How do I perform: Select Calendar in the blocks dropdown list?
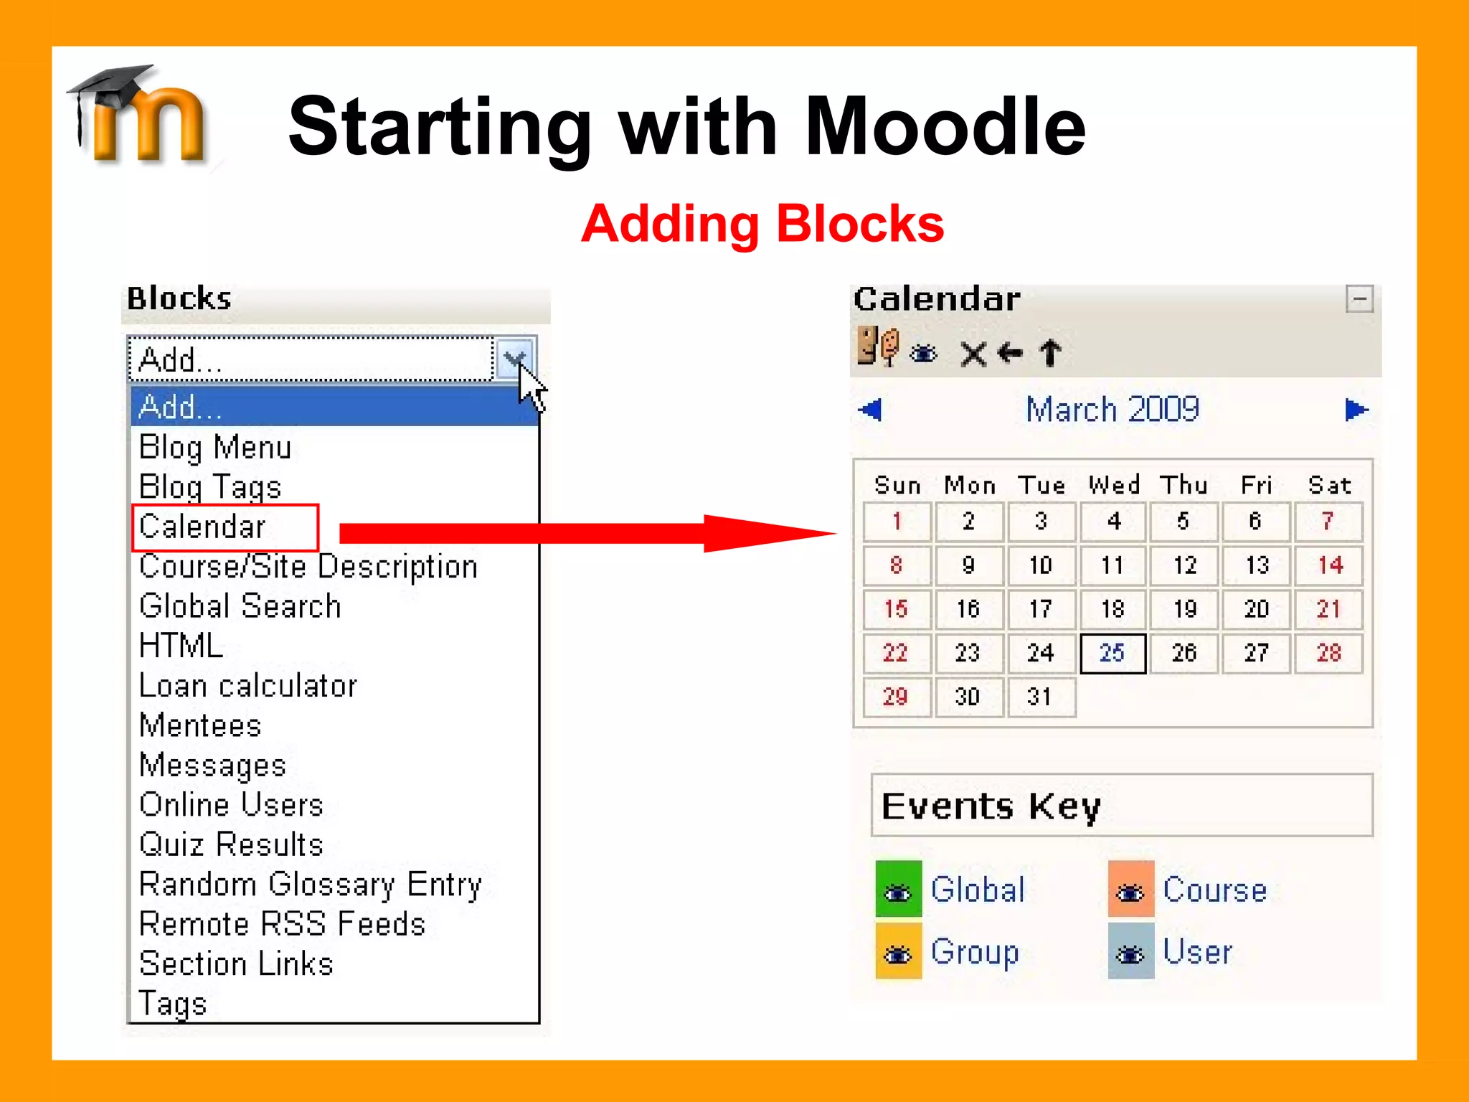[203, 527]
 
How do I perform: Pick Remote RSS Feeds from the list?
[283, 924]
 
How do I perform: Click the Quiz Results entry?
[232, 844]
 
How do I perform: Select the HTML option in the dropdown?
[181, 646]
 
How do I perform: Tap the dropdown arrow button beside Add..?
[514, 358]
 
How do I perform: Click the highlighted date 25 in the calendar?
[1113, 653]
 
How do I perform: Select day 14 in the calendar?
[1329, 565]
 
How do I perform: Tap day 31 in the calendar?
[1040, 697]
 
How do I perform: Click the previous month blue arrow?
[870, 410]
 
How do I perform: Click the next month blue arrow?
[1356, 410]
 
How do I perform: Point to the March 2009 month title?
[1113, 410]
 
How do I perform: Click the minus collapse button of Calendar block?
[1359, 298]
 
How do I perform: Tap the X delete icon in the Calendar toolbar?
[973, 353]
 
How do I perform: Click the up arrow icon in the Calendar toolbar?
[1051, 352]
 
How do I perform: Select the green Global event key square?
[898, 890]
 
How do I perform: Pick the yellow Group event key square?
[898, 952]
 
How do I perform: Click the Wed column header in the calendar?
[1114, 486]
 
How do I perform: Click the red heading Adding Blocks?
[762, 224]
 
